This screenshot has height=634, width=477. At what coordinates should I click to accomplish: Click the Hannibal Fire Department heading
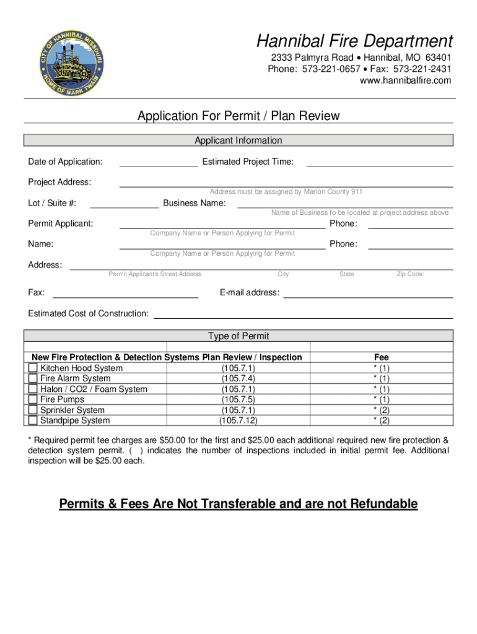(x=355, y=41)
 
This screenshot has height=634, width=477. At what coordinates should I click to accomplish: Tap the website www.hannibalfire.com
(x=406, y=80)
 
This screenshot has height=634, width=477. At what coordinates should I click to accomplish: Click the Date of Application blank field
(x=159, y=162)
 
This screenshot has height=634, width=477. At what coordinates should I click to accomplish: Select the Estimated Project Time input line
(x=379, y=162)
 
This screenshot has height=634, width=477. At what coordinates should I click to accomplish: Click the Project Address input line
(x=286, y=182)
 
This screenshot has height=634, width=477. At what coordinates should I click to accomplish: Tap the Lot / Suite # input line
(x=125, y=203)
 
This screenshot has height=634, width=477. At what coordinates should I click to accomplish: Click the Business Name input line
(x=345, y=203)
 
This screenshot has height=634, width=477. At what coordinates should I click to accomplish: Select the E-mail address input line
(x=368, y=293)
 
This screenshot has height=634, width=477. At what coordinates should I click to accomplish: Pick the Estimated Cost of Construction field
(x=303, y=314)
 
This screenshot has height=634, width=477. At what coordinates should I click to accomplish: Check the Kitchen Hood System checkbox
(x=33, y=368)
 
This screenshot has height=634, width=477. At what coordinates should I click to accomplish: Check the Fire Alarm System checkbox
(x=33, y=379)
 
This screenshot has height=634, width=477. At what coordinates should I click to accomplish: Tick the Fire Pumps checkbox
(x=33, y=400)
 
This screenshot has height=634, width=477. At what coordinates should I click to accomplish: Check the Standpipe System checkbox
(x=33, y=421)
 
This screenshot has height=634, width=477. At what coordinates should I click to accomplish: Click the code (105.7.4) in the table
(x=239, y=378)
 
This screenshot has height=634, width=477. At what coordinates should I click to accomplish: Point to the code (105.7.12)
(x=239, y=420)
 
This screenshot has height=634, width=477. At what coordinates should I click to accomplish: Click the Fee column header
(x=381, y=357)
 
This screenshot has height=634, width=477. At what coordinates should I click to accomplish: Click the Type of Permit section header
(x=239, y=336)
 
